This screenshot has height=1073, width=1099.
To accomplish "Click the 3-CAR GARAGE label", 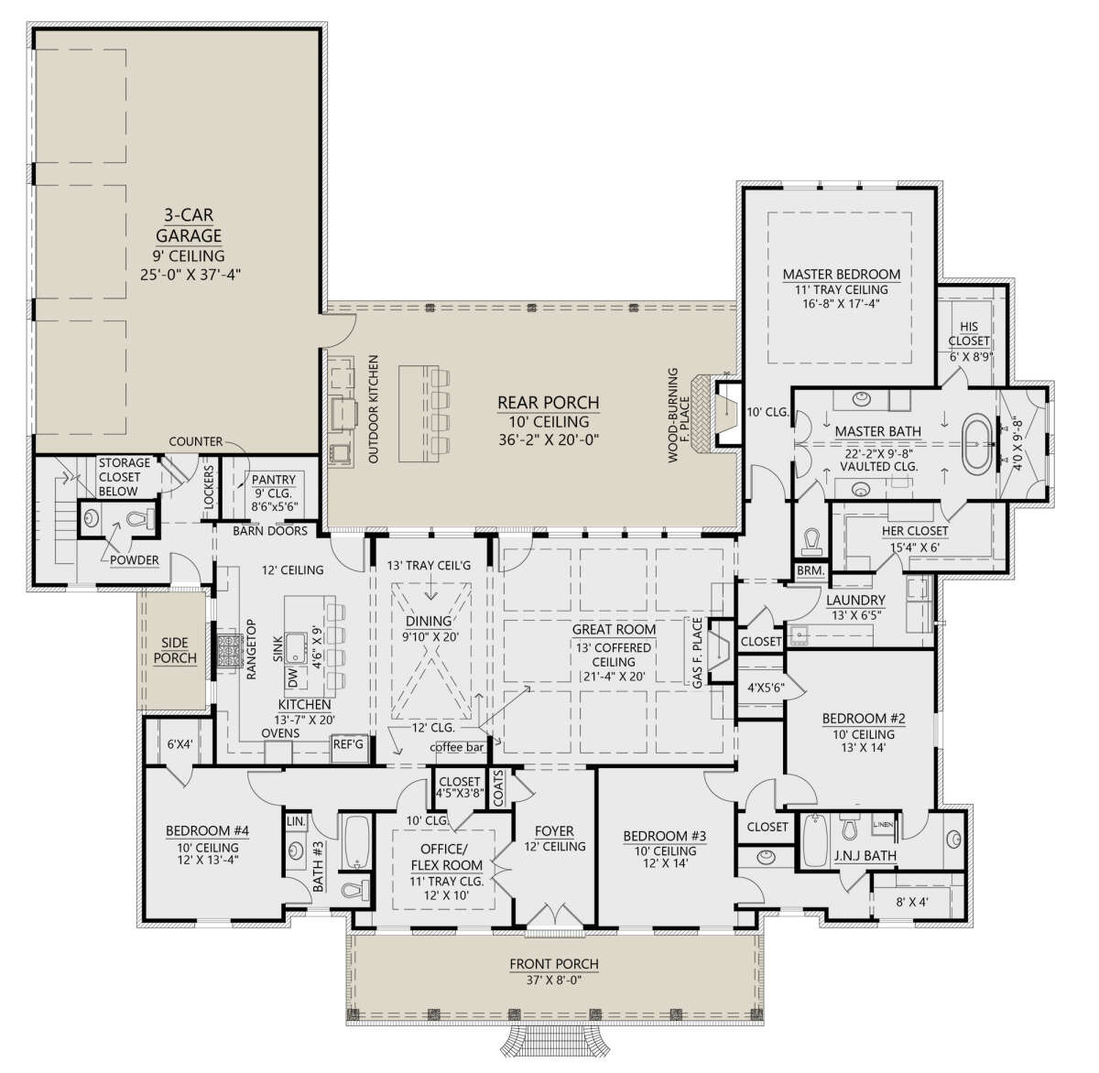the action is (189, 224).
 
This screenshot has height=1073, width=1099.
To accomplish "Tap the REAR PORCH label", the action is (548, 403).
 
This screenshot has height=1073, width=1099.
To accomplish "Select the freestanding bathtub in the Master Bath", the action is (976, 444).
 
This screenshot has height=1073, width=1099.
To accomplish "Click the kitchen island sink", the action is (297, 647).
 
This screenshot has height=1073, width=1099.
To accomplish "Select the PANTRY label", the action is (273, 479).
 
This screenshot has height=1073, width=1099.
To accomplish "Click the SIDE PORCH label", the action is (175, 650).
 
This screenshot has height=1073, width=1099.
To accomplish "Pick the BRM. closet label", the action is (811, 570).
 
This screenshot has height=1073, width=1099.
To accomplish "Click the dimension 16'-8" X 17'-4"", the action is (842, 304).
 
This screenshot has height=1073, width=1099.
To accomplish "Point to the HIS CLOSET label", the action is (969, 333).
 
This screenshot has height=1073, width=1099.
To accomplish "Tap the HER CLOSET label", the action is (915, 531).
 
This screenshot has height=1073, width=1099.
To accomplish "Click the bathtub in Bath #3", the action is (355, 842).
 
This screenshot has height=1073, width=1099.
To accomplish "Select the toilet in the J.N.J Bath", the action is (849, 828).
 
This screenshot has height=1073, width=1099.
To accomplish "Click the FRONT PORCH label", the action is (554, 964).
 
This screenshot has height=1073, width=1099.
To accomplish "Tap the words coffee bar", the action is (457, 747).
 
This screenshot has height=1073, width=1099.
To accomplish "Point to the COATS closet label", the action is (499, 788).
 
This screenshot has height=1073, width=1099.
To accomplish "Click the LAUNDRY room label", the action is (855, 600).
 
